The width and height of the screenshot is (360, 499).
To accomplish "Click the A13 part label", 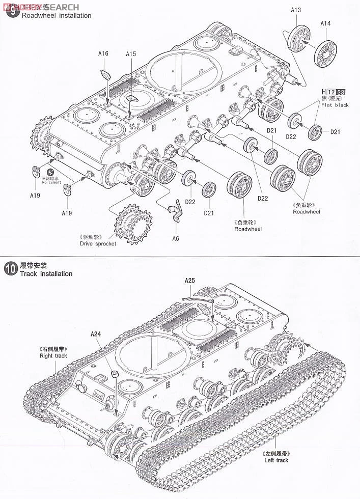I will tap(296, 10).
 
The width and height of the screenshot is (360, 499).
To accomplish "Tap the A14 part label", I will tap(325, 23).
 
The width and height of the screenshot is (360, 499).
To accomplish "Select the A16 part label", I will tap(103, 54).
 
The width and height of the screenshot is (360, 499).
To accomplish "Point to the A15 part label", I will tap(131, 54).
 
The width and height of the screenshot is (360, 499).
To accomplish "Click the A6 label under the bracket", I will tap(176, 239).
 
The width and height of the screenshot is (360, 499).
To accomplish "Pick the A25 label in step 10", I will tap(189, 280).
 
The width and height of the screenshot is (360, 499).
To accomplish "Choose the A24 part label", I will tap(96, 334).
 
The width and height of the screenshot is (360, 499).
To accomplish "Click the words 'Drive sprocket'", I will tap(98, 243).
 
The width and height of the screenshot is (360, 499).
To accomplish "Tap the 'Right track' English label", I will tap(53, 356).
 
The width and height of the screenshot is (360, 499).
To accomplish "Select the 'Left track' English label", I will tap(276, 460).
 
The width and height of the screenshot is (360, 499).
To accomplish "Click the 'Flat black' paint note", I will tap(335, 105).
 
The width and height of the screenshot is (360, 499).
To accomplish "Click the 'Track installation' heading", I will tap(46, 274).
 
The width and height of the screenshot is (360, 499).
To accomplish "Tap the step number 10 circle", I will tap(10, 269).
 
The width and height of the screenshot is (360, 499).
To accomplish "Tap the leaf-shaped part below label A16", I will tap(106, 73).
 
